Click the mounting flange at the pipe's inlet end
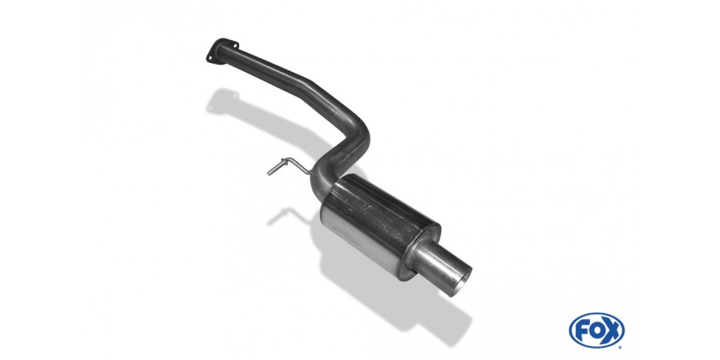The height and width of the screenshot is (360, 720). pyautogui.click(x=223, y=51)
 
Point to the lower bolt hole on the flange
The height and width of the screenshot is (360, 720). pyautogui.click(x=211, y=58)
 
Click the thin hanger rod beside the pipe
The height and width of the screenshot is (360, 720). pyautogui.click(x=288, y=166)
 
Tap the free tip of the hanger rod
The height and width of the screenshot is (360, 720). pyautogui.click(x=269, y=173)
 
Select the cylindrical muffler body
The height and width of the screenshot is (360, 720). pyautogui.click(x=380, y=225)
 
